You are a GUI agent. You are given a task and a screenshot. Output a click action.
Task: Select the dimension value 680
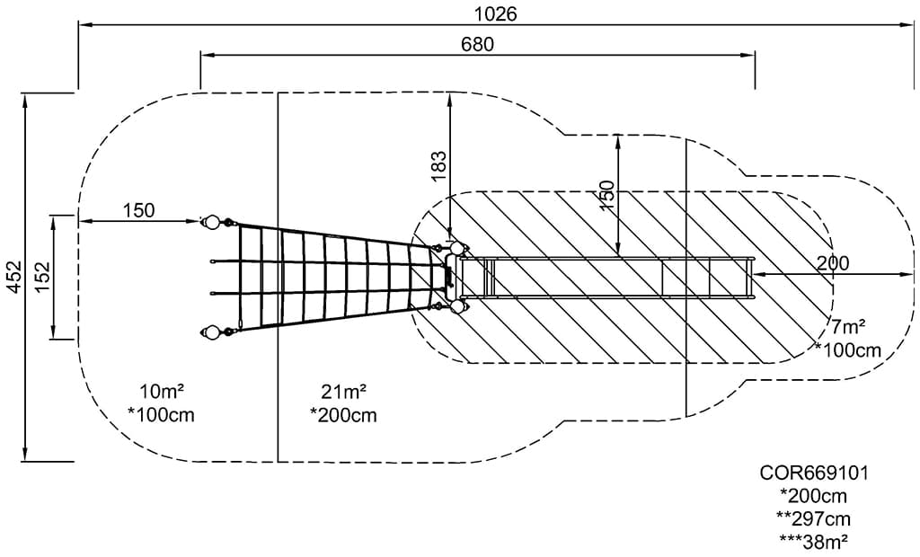pyautogui.click(x=477, y=43)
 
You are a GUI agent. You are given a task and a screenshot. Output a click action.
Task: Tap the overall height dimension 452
pyautogui.click(x=13, y=278)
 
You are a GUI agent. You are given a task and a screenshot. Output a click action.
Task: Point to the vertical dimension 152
pyautogui.click(x=40, y=278)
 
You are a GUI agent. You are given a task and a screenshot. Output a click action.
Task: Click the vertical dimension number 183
pyautogui.click(x=438, y=166)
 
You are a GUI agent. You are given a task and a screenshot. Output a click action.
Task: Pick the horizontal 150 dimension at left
pyautogui.click(x=138, y=210)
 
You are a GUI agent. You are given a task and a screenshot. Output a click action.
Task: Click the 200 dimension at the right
pyautogui.click(x=832, y=262)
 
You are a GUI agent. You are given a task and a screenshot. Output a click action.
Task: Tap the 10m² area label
pyautogui.click(x=162, y=391)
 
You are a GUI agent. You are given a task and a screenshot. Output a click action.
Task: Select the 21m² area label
pyautogui.click(x=343, y=391)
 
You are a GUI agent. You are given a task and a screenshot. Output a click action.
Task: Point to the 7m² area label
pyautogui.click(x=848, y=327)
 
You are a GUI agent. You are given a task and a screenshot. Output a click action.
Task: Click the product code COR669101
pyautogui.click(x=814, y=473)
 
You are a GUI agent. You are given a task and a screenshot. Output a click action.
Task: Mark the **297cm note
pyautogui.click(x=814, y=518)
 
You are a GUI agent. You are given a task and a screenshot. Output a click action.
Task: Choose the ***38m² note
pyautogui.click(x=814, y=541)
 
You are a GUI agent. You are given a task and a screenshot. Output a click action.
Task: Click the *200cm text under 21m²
pyautogui.click(x=343, y=415)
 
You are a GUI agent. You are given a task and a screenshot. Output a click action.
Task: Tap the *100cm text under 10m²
pyautogui.click(x=162, y=415)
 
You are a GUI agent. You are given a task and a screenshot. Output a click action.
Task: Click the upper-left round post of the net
pyautogui.click(x=211, y=222)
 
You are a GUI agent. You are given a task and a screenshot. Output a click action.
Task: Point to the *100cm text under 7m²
pyautogui.click(x=848, y=349)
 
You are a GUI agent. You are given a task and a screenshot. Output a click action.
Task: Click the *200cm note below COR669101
pyautogui.click(x=814, y=496)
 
